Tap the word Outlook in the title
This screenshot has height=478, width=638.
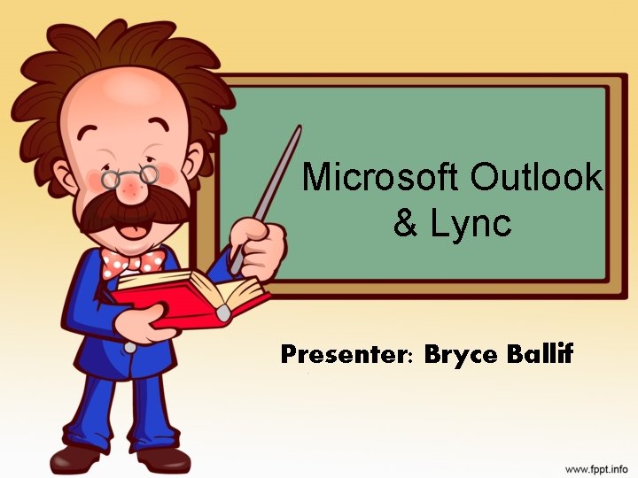click(x=537, y=178)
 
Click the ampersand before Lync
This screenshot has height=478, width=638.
click(x=407, y=224)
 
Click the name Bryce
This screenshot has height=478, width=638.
click(x=463, y=356)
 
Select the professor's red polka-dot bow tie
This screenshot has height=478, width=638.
click(x=133, y=261)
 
